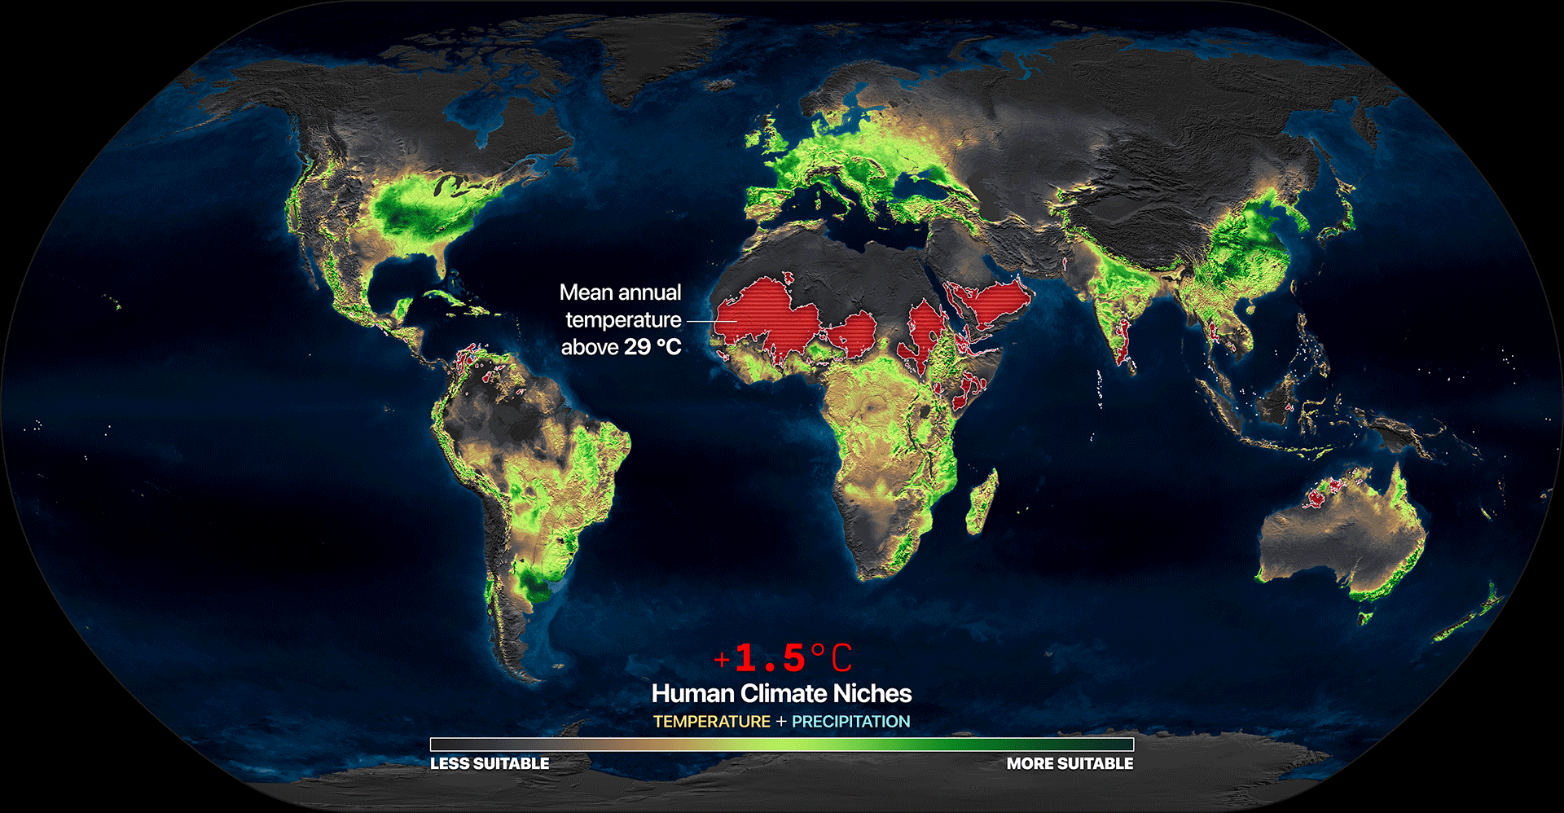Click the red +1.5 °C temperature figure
[x=783, y=658]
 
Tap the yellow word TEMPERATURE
[x=711, y=722]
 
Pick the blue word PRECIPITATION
[x=850, y=722]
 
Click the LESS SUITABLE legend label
[x=490, y=763]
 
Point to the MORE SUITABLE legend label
[x=1070, y=763]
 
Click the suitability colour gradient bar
[x=782, y=744]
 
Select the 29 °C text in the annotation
[x=652, y=347]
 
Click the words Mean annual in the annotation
[x=620, y=292]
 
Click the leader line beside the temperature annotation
[x=701, y=320]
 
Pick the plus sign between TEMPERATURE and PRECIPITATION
[x=781, y=722]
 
